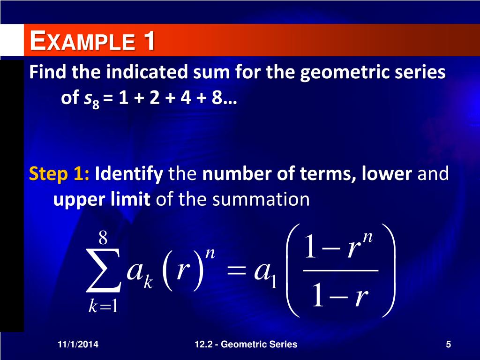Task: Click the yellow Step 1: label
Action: (x=60, y=174)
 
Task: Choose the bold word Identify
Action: (x=129, y=174)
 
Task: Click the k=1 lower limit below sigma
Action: (x=104, y=307)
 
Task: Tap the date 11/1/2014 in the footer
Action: (x=78, y=345)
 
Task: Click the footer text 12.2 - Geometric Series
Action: (x=246, y=345)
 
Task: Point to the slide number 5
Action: (x=449, y=345)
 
